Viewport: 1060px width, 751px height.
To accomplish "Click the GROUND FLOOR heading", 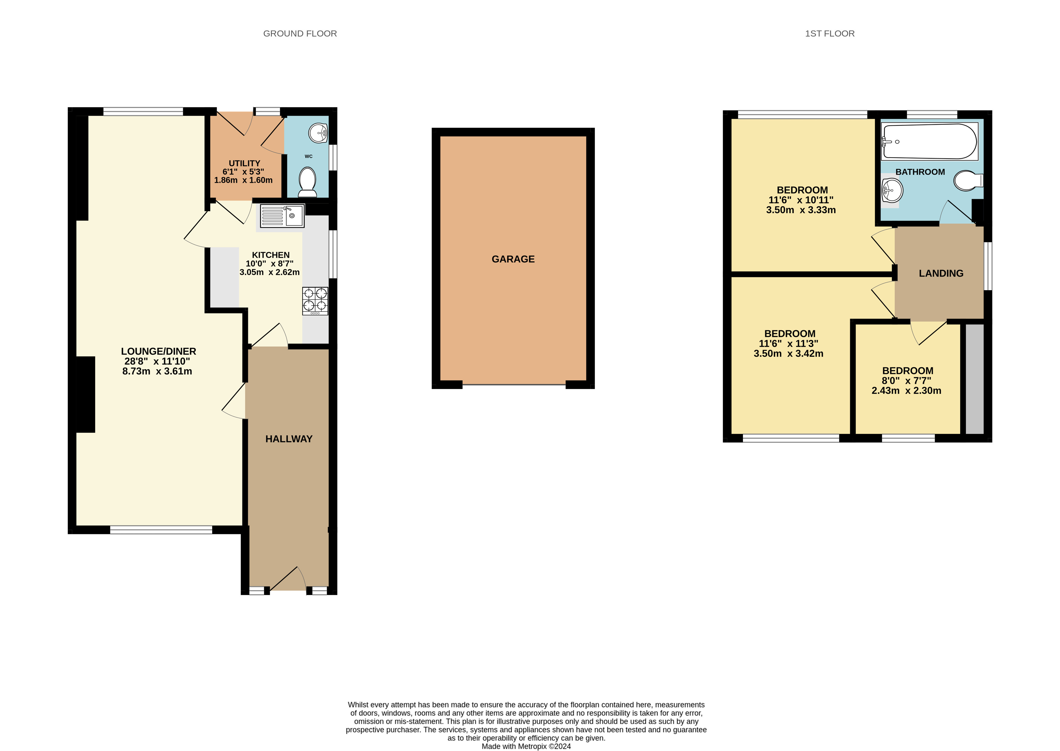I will [300, 33].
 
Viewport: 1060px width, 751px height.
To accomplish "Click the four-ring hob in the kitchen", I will [315, 301].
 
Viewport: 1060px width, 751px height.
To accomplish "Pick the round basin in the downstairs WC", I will [318, 133].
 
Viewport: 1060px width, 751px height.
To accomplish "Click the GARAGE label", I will [513, 259].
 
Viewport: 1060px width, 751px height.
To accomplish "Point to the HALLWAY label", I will [289, 439].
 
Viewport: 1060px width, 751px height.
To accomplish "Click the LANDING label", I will [941, 273].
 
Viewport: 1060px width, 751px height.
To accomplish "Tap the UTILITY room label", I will [244, 163].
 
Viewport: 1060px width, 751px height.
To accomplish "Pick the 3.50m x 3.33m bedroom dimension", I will [801, 210].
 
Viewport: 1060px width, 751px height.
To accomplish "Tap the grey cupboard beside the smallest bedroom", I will [974, 378].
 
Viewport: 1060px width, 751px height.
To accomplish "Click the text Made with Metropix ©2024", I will [526, 746].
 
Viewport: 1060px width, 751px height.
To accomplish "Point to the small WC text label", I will [309, 156].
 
